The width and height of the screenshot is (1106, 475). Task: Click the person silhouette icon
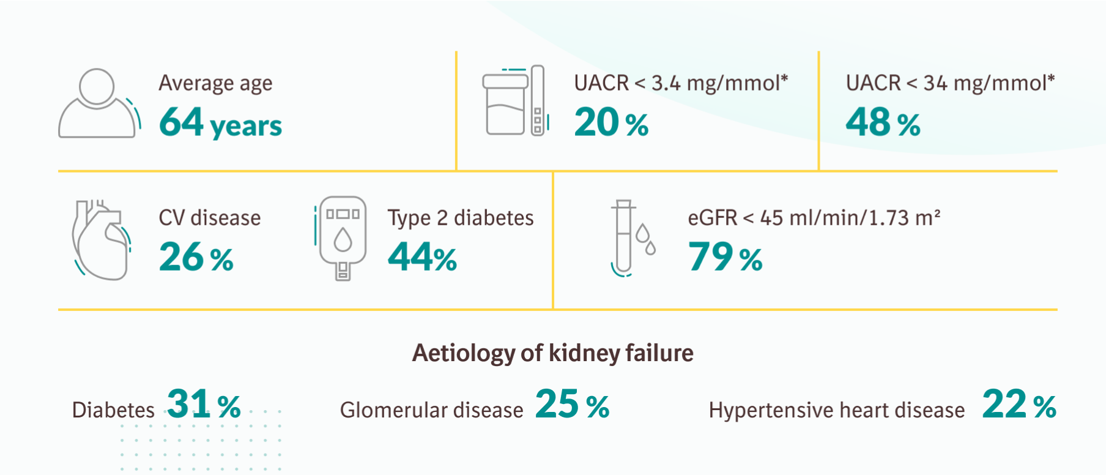[x=98, y=104]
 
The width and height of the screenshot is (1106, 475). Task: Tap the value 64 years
[x=220, y=122]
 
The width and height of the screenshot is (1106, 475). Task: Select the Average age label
[x=215, y=83]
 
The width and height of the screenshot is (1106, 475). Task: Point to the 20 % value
[x=611, y=122]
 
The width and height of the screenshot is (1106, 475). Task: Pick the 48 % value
[x=883, y=122]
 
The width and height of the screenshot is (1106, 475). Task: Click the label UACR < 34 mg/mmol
[x=949, y=83]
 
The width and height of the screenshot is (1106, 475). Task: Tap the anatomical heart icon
[x=101, y=240]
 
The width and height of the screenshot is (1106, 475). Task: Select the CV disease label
[x=210, y=218]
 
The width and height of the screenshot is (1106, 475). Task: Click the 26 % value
[x=196, y=257]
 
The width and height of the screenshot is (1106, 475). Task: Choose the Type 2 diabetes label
[x=460, y=218]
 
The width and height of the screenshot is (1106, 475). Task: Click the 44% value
[x=422, y=257]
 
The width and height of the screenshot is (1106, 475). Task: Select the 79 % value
[x=725, y=257]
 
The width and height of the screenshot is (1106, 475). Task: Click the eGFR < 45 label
[x=814, y=218]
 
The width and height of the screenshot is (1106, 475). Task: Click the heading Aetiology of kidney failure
[x=552, y=353]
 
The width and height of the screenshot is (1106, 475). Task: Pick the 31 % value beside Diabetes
[x=204, y=405]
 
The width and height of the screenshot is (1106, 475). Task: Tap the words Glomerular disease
[x=431, y=410]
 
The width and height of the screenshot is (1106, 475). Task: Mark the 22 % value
[x=1019, y=405]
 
